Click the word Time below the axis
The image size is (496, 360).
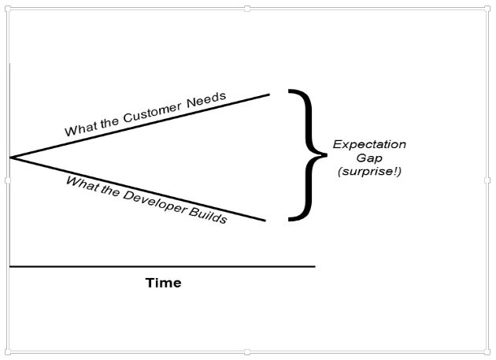pyautogui.click(x=163, y=283)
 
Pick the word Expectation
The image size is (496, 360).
pyautogui.click(x=369, y=145)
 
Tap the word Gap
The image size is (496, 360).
pyautogui.click(x=368, y=158)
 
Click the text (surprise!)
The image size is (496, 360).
pyautogui.click(x=368, y=172)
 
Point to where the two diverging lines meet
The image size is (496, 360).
pyautogui.click(x=10, y=158)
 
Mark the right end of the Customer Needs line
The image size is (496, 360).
pyautogui.click(x=269, y=94)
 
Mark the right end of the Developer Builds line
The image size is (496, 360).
pyautogui.click(x=266, y=221)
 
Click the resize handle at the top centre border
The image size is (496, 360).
pyautogui.click(x=248, y=9)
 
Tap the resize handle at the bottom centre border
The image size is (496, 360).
pyautogui.click(x=248, y=352)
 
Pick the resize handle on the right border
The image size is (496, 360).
pyautogui.click(x=487, y=180)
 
